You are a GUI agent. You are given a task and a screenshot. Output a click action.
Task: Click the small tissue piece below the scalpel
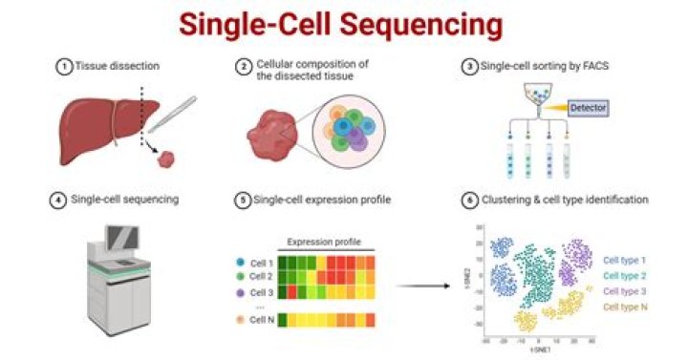pyautogui.click(x=168, y=153)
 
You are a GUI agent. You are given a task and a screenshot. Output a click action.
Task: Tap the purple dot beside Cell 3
pyautogui.click(x=242, y=291)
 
